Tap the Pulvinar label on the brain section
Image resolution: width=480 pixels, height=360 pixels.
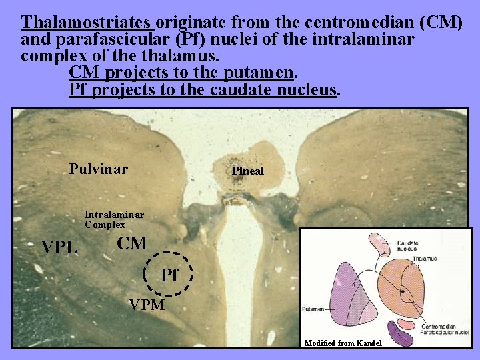[x=98, y=169]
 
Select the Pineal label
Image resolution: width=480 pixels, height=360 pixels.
[x=248, y=171]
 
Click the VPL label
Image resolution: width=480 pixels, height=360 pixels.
[x=60, y=248]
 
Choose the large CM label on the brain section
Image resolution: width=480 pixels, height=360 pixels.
[x=132, y=244]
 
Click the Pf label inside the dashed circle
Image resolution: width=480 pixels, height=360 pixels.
[x=170, y=275]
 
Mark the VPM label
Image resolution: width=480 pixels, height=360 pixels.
[x=147, y=305]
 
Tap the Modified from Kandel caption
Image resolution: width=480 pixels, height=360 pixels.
[x=343, y=343]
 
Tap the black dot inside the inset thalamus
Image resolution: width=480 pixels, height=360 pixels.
[x=403, y=291]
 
